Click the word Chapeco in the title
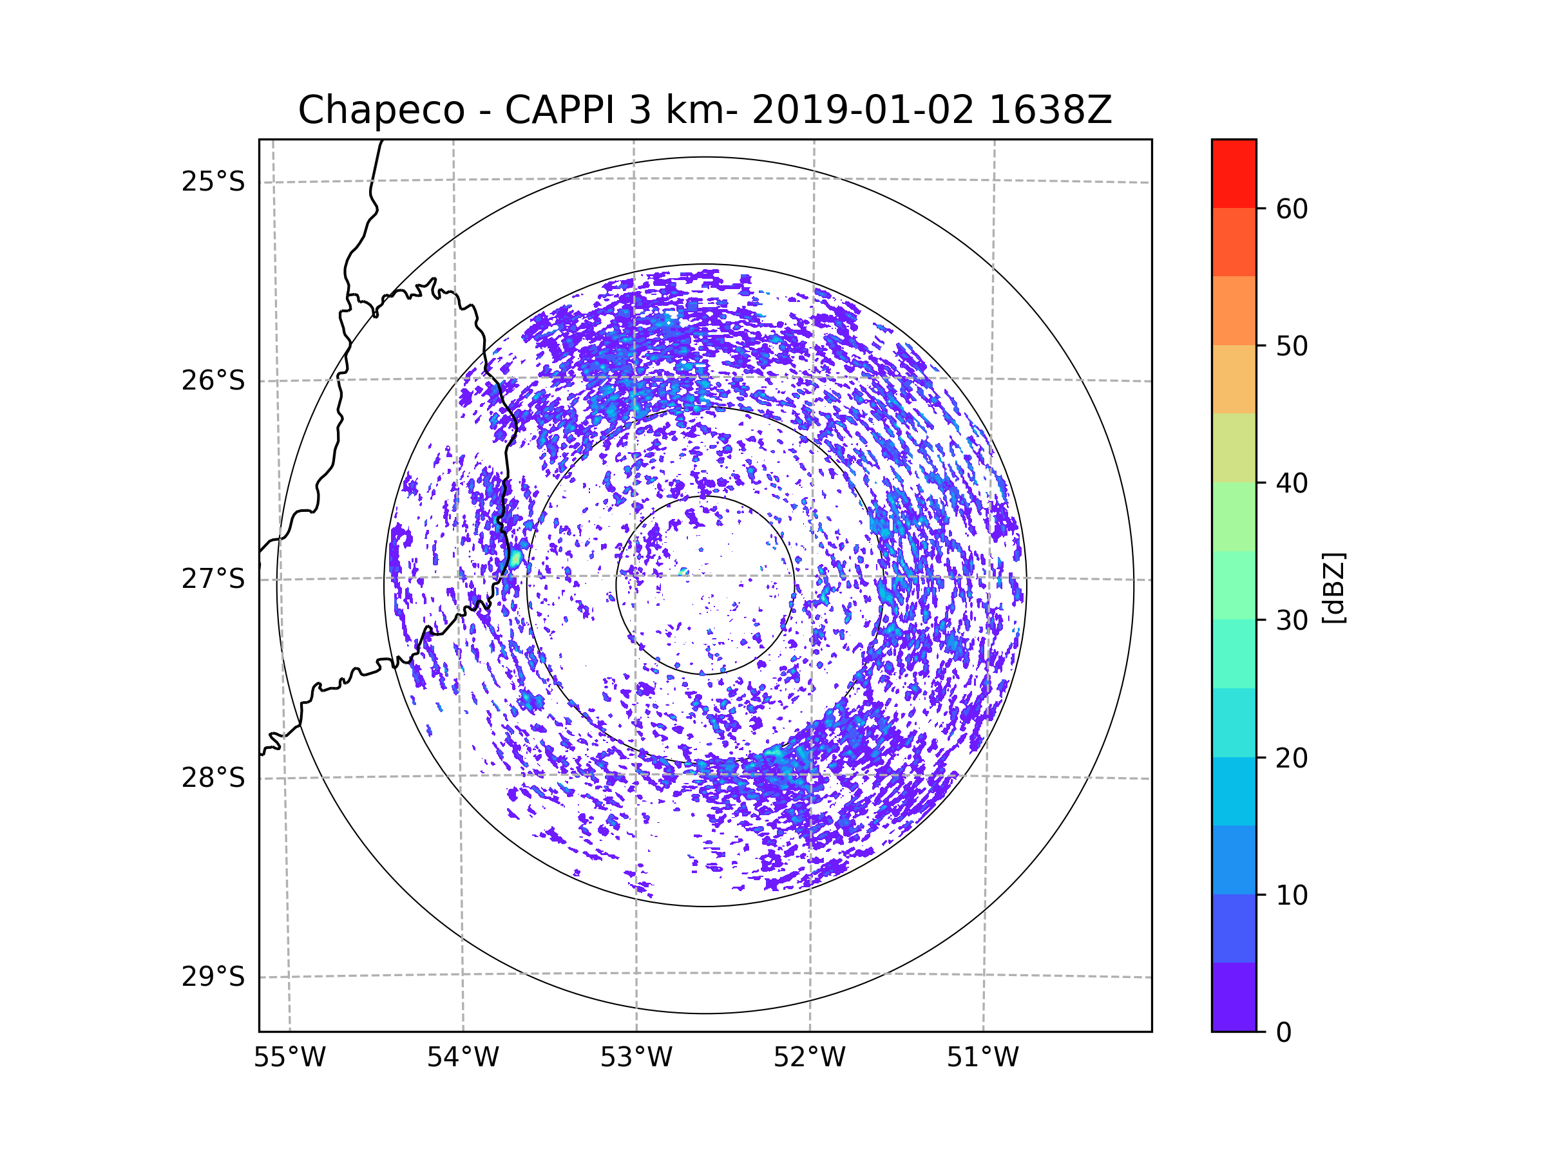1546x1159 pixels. (381, 110)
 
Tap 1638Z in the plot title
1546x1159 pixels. (1050, 110)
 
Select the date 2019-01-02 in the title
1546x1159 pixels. (863, 110)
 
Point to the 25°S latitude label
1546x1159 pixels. (213, 182)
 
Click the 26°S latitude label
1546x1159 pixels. (213, 381)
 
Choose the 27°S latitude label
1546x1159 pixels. (213, 579)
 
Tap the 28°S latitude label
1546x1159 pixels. (213, 778)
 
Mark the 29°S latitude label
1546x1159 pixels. (213, 977)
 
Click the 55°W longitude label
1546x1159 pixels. (289, 1058)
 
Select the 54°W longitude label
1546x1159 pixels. (463, 1058)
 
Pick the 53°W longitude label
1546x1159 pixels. (636, 1058)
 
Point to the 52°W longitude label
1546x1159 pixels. (809, 1058)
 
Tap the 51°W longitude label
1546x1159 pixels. (982, 1058)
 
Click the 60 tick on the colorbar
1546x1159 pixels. (1292, 209)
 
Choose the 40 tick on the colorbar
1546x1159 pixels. (1292, 484)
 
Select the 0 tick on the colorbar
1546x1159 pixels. (1284, 1033)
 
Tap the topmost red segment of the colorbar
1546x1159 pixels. (1234, 174)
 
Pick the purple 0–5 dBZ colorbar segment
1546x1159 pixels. (1234, 996)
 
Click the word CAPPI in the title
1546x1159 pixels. (559, 110)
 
